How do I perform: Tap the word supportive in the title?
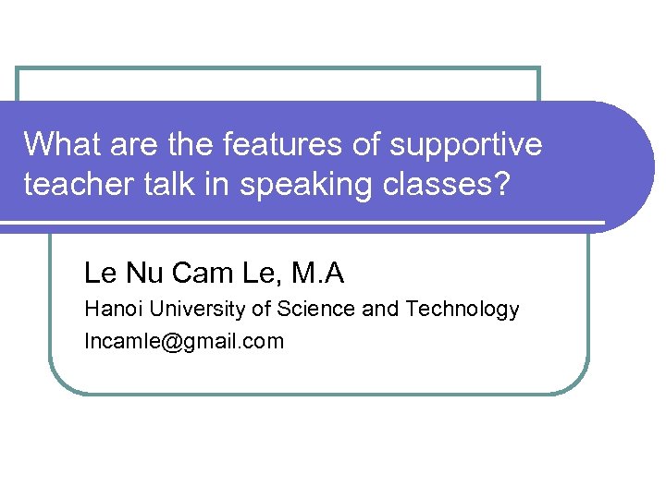click(466, 145)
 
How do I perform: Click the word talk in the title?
click(167, 185)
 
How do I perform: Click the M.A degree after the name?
click(317, 274)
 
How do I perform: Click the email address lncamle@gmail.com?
click(184, 342)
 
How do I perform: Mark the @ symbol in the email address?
click(164, 342)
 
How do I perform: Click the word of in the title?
click(368, 145)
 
